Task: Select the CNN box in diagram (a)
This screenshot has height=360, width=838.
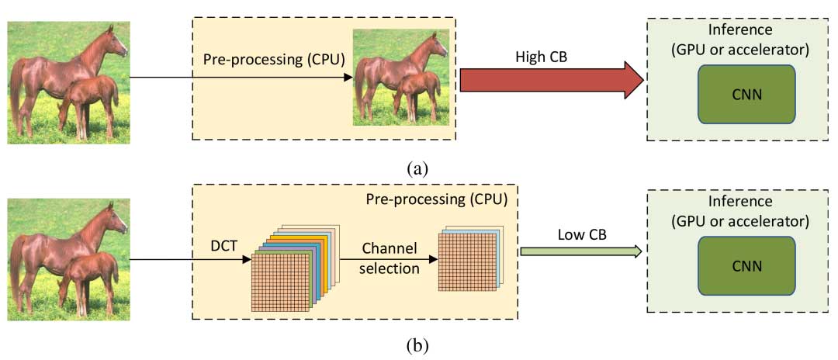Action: [746, 94]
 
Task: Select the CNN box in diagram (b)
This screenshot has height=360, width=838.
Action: [746, 265]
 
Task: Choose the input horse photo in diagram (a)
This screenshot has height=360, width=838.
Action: [68, 83]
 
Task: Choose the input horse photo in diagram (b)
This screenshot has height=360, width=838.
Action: [68, 258]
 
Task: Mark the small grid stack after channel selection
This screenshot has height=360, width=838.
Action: [469, 260]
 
